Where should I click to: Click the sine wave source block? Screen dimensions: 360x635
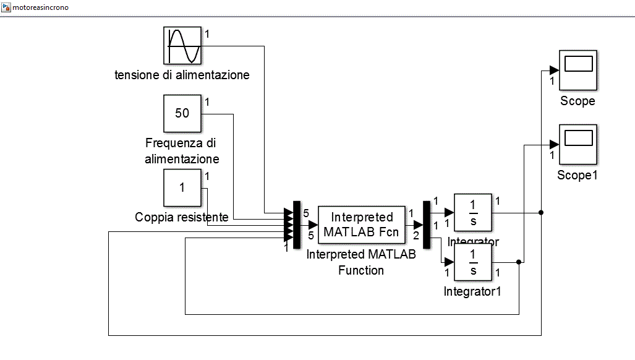(x=182, y=45)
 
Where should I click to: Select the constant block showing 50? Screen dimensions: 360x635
(x=182, y=113)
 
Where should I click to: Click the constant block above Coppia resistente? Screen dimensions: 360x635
(x=182, y=187)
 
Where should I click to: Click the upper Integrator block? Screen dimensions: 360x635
(x=473, y=212)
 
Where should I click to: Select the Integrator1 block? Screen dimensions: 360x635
(x=473, y=262)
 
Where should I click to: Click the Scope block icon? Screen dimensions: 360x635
(x=578, y=69)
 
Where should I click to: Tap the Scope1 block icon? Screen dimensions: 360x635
(x=578, y=144)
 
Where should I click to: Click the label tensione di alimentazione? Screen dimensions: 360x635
(x=182, y=75)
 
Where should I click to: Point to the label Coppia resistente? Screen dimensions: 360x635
(x=182, y=217)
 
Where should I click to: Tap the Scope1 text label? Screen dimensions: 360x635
(x=577, y=175)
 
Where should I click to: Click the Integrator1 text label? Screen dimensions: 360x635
(x=472, y=291)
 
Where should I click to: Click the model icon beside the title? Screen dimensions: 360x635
(x=7, y=8)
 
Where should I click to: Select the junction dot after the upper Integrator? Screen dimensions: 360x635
(x=541, y=213)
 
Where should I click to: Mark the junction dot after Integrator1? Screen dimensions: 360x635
(x=519, y=262)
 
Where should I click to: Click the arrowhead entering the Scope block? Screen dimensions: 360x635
(x=555, y=70)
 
